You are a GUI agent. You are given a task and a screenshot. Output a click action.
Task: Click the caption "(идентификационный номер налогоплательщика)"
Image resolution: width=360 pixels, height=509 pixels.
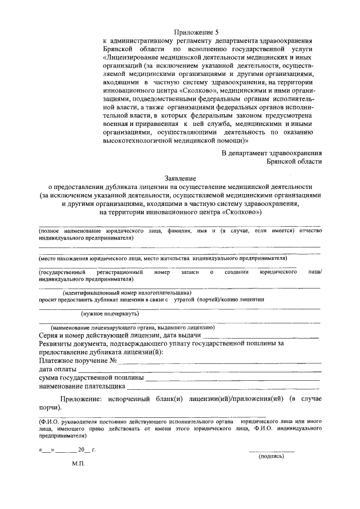click(x=127, y=292)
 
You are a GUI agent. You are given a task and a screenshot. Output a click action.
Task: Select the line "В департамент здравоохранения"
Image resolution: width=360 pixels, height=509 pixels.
click(x=271, y=152)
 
